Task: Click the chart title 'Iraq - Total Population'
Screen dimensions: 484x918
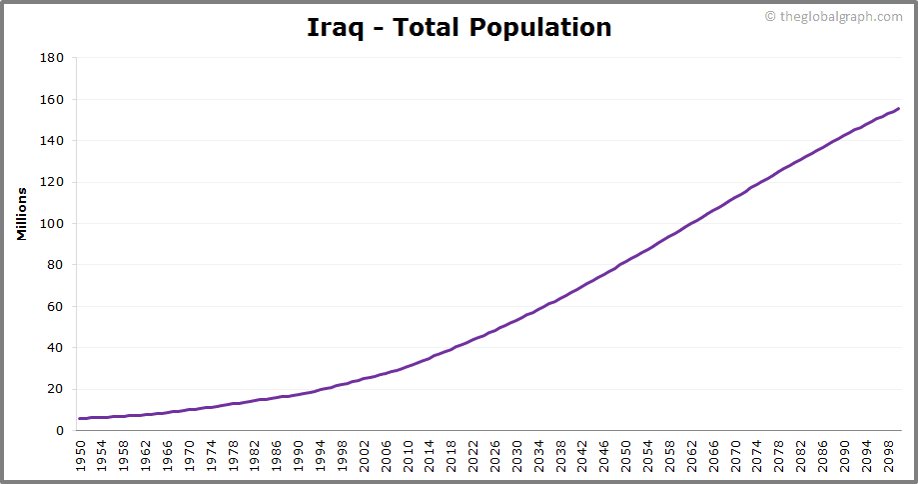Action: click(459, 27)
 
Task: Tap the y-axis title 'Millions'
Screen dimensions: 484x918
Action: click(21, 213)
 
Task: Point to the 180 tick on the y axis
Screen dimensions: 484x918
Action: click(53, 58)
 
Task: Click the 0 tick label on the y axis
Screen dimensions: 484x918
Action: click(59, 430)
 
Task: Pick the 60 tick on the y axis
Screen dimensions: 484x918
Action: click(56, 307)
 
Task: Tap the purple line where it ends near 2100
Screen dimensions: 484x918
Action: click(898, 109)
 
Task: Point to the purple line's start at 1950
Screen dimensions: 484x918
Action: click(81, 418)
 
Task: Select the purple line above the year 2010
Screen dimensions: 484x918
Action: click(409, 366)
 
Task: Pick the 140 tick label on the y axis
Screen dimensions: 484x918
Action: click(53, 141)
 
